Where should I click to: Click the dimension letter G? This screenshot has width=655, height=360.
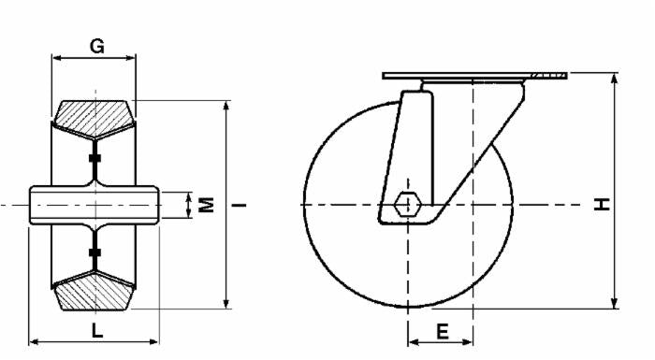(95, 45)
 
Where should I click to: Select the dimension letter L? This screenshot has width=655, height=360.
(96, 328)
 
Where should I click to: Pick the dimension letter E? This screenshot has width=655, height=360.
(443, 331)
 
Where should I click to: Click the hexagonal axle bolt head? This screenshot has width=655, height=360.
(408, 204)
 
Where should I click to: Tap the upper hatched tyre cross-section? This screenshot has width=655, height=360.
(94, 115)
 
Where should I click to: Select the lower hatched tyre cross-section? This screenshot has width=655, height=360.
(94, 293)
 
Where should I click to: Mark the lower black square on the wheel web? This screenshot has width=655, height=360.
(94, 252)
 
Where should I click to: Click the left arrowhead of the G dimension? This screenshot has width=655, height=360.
(54, 58)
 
